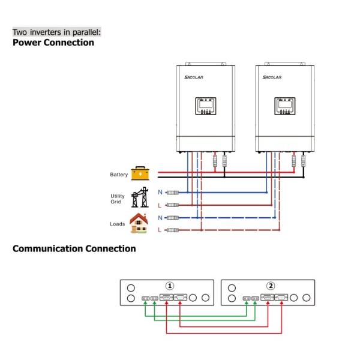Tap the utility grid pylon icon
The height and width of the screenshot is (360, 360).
click(x=140, y=197)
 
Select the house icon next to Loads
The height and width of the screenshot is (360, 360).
click(x=139, y=223)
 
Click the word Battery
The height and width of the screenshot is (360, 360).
click(x=119, y=175)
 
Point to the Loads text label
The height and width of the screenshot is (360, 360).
click(x=118, y=224)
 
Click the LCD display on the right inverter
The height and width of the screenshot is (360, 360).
click(x=285, y=106)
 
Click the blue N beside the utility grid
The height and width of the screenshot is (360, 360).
click(x=160, y=192)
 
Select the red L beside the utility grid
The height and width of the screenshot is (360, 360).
click(x=160, y=205)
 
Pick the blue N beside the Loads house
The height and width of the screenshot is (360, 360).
click(x=160, y=217)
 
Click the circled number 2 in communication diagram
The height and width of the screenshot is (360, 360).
click(x=271, y=286)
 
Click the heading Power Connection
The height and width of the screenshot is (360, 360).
click(x=53, y=43)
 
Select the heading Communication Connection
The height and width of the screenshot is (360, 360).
click(x=74, y=248)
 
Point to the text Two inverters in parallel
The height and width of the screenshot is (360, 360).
click(x=56, y=31)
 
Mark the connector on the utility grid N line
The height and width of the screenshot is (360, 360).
click(x=172, y=193)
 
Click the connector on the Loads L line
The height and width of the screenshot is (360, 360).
click(x=172, y=230)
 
